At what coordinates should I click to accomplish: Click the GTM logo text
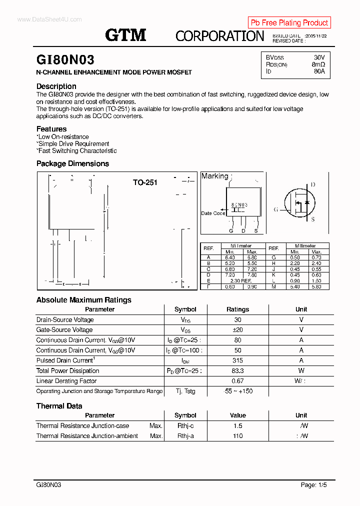coord(125,35)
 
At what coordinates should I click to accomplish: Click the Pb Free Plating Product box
coord(289,22)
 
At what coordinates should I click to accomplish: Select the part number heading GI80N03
coord(65,60)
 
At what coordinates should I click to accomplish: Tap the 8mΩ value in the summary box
coord(318,64)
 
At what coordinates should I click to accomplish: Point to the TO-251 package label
coord(145,182)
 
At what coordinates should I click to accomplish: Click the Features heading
coord(51,129)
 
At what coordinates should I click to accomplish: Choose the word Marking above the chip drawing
coord(214,176)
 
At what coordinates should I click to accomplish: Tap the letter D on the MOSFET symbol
coord(313,185)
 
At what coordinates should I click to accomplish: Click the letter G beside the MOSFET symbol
coord(275,209)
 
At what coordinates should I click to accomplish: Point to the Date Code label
coord(213,213)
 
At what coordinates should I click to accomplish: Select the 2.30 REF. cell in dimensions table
coord(241,281)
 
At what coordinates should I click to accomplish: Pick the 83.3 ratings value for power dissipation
coord(237,370)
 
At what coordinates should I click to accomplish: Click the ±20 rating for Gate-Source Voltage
coord(237,329)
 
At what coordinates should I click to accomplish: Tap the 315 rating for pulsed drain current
coord(237,360)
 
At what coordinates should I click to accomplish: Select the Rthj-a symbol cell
coord(185,436)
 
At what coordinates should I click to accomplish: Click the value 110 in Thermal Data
coord(237,436)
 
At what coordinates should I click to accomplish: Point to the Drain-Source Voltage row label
coord(65,319)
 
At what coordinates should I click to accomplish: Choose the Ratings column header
coord(237,309)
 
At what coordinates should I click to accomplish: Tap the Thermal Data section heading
coord(59,406)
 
